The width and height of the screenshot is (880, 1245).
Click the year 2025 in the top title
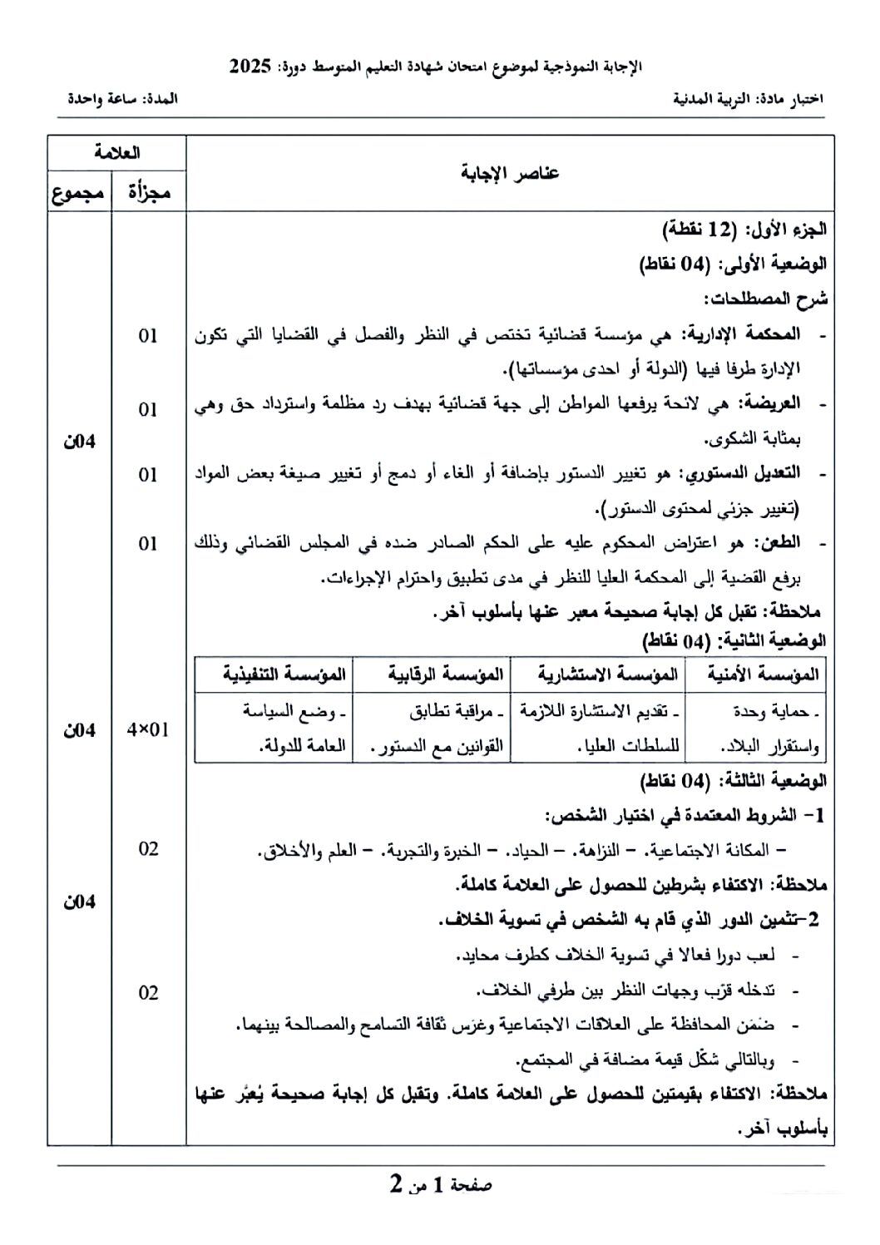[x=250, y=67]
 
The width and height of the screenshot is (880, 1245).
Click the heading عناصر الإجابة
[x=509, y=173]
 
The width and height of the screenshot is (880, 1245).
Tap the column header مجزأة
[x=149, y=193]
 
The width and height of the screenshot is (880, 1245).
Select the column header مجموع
[x=79, y=193]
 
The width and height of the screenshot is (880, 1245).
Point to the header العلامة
[x=116, y=152]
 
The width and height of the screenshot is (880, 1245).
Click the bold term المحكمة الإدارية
[x=742, y=334]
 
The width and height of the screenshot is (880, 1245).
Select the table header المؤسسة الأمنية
[x=763, y=674]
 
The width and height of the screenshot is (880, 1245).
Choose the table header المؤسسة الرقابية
[x=446, y=674]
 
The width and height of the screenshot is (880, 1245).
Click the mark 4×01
[x=148, y=730]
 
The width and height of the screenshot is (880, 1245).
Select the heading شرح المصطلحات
[x=765, y=299]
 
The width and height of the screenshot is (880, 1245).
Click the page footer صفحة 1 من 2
[x=441, y=1184]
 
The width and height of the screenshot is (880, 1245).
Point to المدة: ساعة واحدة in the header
[x=123, y=98]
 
